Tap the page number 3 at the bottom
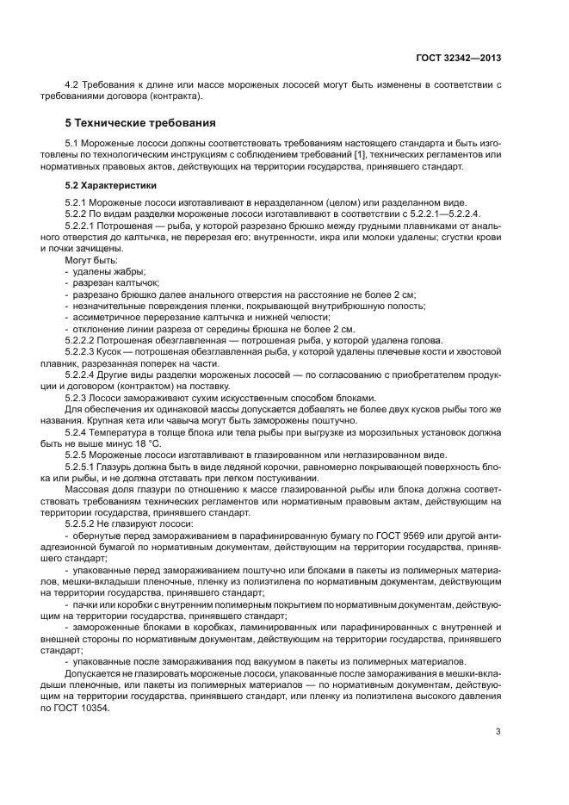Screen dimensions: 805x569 498,733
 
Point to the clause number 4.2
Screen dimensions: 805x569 72,84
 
